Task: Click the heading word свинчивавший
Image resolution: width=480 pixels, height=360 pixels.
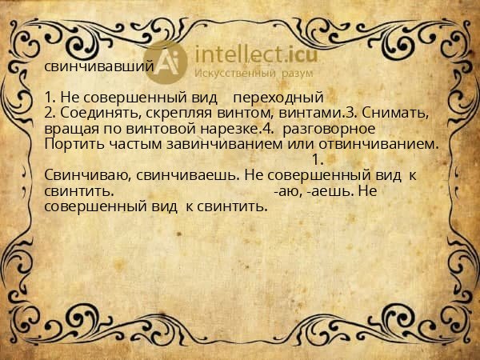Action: click(x=98, y=67)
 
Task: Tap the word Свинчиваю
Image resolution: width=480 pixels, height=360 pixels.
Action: click(x=85, y=175)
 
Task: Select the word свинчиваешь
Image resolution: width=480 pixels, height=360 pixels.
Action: click(x=178, y=175)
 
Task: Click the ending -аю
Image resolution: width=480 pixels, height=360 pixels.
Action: click(x=284, y=191)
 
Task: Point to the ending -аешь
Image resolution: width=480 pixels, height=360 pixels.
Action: click(x=324, y=191)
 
